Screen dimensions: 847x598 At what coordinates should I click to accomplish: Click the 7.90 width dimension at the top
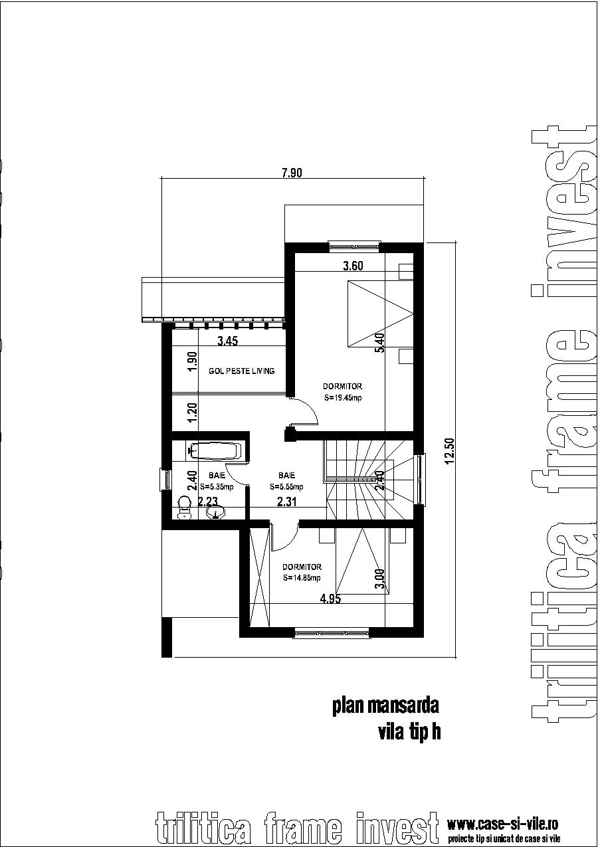(x=292, y=173)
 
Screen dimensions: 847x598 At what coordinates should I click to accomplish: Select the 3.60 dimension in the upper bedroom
(x=353, y=266)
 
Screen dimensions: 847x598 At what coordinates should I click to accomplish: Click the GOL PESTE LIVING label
(x=241, y=371)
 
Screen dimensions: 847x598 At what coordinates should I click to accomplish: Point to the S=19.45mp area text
(x=342, y=398)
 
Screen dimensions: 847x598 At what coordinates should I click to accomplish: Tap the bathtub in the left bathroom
(x=215, y=451)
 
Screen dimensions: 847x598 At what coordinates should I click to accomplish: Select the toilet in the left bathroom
(x=185, y=508)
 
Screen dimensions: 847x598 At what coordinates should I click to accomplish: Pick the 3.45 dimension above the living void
(x=228, y=342)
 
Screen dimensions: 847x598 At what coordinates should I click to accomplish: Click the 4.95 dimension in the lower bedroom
(x=330, y=599)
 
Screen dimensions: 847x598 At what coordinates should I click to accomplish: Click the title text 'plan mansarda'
(x=386, y=706)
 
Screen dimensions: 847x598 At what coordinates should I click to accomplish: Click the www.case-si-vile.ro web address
(x=502, y=824)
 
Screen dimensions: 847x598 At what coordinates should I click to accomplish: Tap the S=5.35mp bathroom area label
(x=217, y=486)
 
